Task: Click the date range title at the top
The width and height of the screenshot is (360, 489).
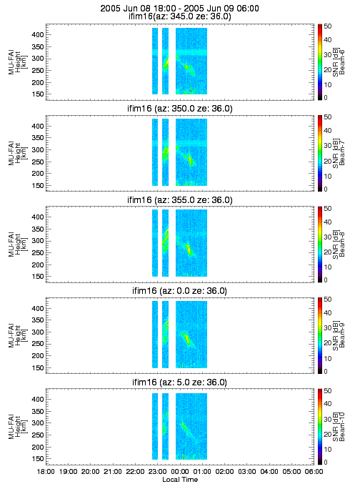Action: pos(179,9)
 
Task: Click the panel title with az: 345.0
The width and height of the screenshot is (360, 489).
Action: pos(179,16)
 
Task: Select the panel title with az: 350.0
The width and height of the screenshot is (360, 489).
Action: pos(180,109)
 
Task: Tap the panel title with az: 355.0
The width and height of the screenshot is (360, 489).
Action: pos(180,199)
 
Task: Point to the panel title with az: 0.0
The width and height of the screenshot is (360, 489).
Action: pos(179,291)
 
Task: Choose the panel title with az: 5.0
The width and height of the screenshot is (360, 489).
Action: pos(179,382)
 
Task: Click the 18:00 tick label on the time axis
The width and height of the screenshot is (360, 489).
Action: pos(46,471)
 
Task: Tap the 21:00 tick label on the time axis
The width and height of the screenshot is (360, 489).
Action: pos(113,471)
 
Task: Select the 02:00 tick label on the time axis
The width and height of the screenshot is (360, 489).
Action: pos(224,471)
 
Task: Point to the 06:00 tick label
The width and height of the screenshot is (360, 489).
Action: pos(314,471)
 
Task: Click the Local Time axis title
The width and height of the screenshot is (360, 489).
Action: pos(180,480)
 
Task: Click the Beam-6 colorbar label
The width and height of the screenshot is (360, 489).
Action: pos(342,61)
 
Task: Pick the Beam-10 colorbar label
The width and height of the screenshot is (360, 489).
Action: pos(342,427)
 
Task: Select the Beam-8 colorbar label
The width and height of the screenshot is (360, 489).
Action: pos(342,244)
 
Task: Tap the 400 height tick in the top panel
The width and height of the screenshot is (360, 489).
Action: pos(38,34)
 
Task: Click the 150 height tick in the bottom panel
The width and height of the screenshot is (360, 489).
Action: pos(38,459)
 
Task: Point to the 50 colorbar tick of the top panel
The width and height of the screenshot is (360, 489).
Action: pos(328,26)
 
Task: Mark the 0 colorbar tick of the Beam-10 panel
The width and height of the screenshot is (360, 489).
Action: pos(326,462)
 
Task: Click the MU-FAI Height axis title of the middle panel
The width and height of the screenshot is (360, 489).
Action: pos(18,244)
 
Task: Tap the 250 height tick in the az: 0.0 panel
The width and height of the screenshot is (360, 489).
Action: pos(38,344)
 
